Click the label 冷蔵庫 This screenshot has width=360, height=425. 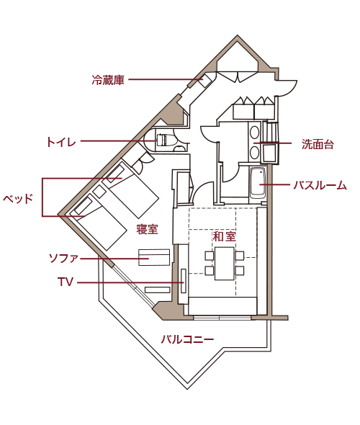coord(108,80)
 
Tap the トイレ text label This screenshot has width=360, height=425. coord(61,142)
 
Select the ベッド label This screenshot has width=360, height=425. coord(18,199)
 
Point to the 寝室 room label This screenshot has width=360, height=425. coord(147,229)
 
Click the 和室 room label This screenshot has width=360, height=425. coord(224,236)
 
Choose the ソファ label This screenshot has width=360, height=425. coord(63,258)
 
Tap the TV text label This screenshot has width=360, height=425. coord(66,282)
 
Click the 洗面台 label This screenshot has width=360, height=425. coord(318,144)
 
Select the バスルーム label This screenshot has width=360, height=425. coord(320,185)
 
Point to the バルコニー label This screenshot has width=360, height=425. coord(187,339)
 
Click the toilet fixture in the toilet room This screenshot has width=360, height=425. coord(166,140)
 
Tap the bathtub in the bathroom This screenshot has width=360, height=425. coord(257,182)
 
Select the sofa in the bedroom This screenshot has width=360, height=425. coord(154,257)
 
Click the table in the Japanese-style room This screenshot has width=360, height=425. coord(225,263)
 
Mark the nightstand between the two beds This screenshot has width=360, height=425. coord(99,192)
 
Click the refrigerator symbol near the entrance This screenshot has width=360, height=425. coord(205,80)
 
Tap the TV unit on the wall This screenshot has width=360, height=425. coord(184,280)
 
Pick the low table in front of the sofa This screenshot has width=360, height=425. coord(157,290)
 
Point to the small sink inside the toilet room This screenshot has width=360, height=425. coord(179,148)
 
